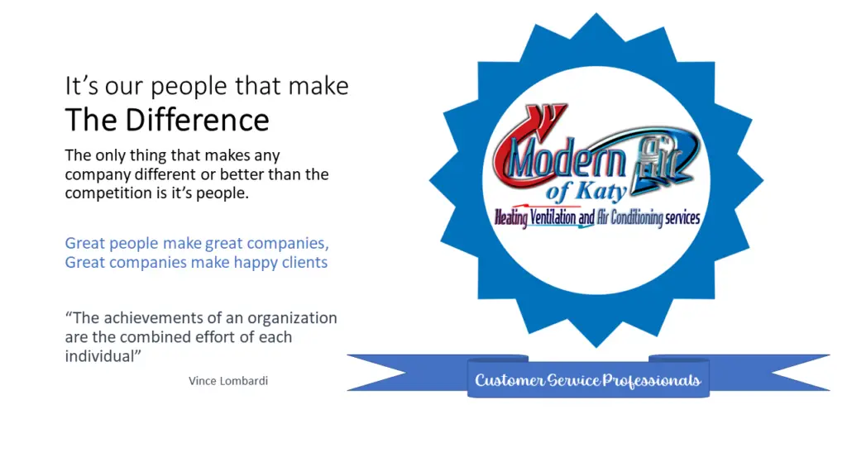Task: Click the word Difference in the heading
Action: pyautogui.click(x=198, y=121)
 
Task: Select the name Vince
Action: pyautogui.click(x=203, y=381)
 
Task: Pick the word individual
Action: pyautogui.click(x=99, y=356)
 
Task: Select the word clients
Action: pyautogui.click(x=303, y=263)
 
